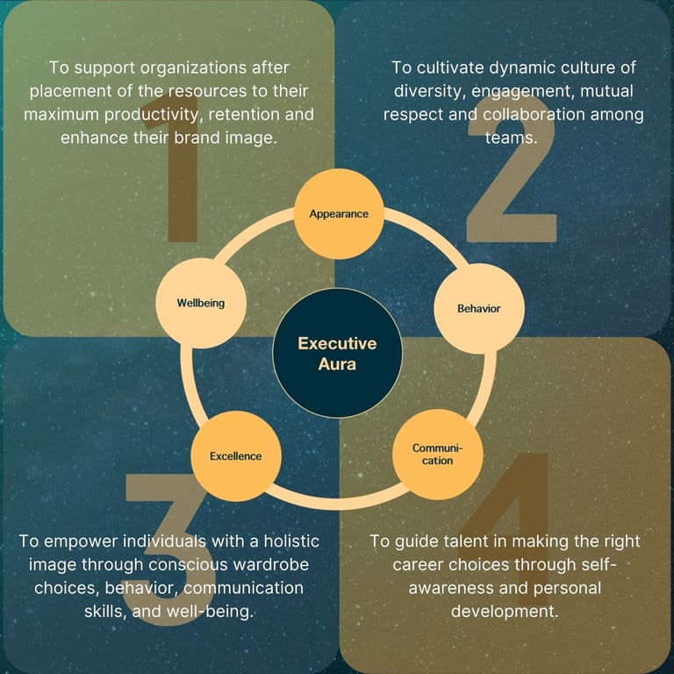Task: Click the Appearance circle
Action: click(338, 213)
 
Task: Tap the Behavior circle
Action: click(479, 308)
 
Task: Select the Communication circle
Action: click(437, 454)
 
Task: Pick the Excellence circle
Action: click(235, 455)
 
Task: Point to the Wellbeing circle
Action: click(201, 303)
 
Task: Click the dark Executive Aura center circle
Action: click(337, 353)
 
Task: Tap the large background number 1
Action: click(186, 176)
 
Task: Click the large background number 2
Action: click(511, 176)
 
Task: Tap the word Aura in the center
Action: click(337, 363)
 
